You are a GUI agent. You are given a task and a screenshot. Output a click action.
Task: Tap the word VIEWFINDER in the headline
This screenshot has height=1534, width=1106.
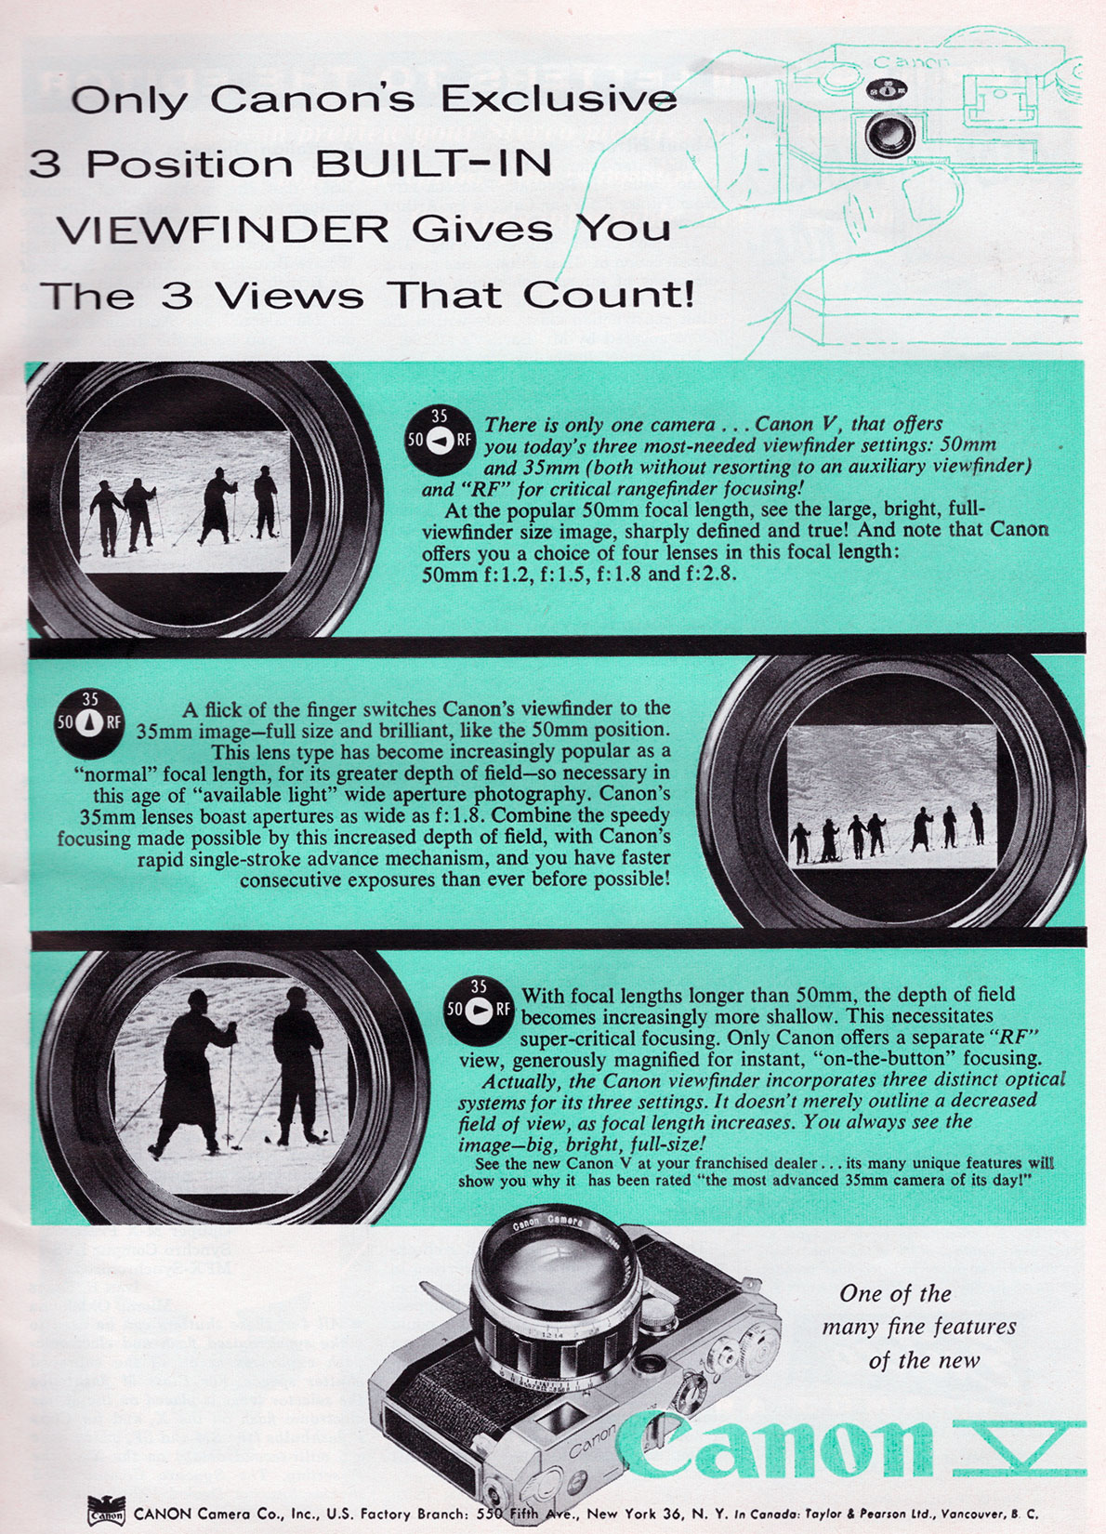222,230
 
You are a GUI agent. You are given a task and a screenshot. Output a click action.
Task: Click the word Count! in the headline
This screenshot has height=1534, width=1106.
609,295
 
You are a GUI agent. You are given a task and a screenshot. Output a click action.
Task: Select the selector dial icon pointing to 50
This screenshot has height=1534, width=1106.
440,441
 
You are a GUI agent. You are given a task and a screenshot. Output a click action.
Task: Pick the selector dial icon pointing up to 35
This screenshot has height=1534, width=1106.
89,723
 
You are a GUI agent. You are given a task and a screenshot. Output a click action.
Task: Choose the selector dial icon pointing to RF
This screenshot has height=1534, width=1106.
479,1010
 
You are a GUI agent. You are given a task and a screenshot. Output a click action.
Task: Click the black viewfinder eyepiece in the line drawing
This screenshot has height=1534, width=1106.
889,134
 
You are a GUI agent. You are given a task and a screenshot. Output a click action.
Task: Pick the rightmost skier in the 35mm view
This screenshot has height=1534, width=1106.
977,823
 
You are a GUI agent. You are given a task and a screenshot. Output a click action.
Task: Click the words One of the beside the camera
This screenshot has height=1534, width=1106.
895,1293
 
